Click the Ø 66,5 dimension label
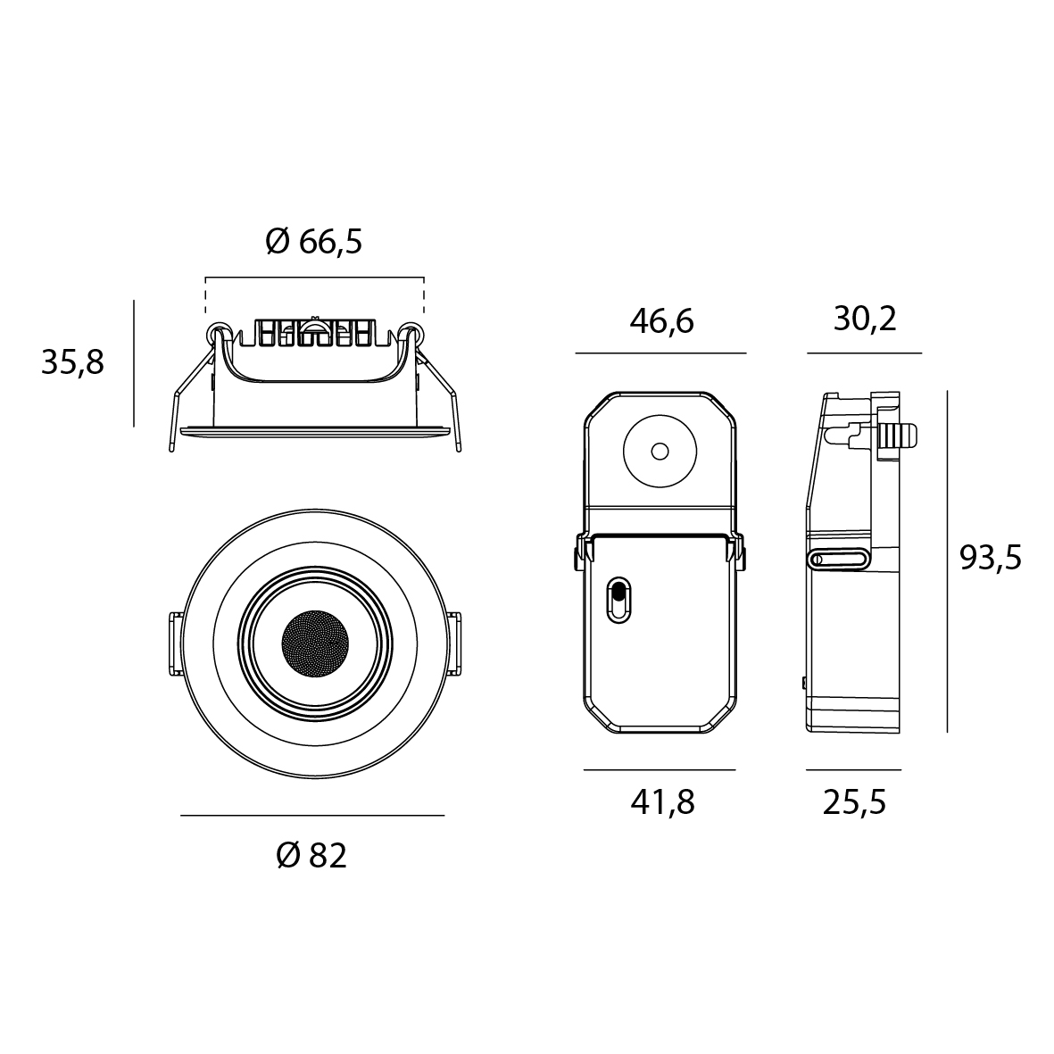314,241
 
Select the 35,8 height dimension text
72,362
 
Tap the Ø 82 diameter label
311,856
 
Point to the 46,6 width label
661,321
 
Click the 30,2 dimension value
865,319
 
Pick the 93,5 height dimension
990,557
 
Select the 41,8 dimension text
662,802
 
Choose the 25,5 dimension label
854,802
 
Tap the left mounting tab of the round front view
176,643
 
